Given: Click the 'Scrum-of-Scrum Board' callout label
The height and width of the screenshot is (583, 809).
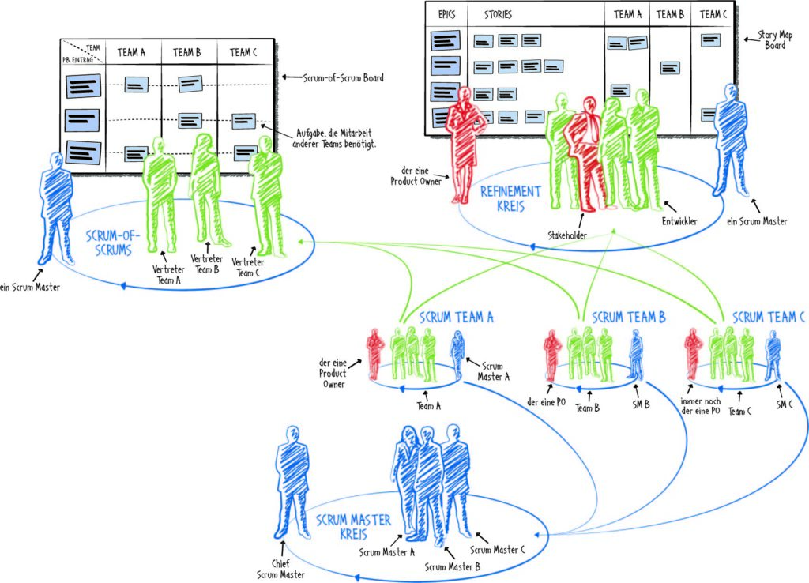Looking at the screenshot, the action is (x=343, y=78).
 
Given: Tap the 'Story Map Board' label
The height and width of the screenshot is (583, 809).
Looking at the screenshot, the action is (x=775, y=39).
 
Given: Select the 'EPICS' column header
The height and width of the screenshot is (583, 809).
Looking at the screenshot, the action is (x=446, y=14).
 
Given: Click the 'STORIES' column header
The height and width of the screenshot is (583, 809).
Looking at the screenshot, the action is (x=498, y=14).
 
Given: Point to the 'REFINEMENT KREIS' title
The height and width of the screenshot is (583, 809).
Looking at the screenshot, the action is (x=510, y=199).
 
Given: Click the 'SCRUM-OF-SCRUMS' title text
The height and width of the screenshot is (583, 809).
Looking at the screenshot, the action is (x=113, y=243).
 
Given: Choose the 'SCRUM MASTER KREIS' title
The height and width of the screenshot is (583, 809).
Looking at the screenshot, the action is (x=353, y=527).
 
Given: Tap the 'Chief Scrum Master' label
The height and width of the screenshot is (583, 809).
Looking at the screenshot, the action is (x=280, y=569).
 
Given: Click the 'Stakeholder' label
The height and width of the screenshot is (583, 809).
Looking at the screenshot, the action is (x=567, y=235).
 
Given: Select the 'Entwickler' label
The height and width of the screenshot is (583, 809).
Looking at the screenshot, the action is (x=679, y=221).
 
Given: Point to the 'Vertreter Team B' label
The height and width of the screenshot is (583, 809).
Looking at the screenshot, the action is (x=206, y=264).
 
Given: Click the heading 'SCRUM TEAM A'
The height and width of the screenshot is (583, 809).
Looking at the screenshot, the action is (x=456, y=318).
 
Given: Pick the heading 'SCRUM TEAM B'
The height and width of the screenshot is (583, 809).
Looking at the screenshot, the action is (x=628, y=317).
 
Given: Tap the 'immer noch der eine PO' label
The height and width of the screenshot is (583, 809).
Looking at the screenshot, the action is (x=700, y=406).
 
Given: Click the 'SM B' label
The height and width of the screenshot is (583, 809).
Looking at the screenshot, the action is (x=641, y=405).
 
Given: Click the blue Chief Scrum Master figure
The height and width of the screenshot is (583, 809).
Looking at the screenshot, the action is (x=292, y=483).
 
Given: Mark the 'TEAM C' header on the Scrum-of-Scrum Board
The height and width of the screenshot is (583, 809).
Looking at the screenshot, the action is (x=243, y=52).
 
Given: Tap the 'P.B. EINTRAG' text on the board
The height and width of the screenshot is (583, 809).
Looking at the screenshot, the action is (x=77, y=60).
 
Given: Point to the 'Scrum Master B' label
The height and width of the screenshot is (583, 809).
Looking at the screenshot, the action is (x=453, y=566).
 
